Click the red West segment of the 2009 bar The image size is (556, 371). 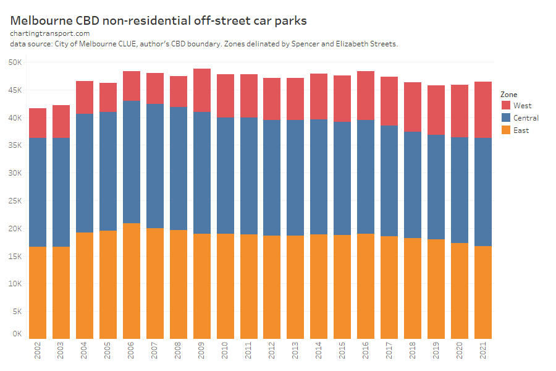point(202,90)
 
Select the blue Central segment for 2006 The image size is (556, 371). point(132,162)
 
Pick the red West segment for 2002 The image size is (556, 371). point(38,123)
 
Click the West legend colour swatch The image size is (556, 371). point(505,106)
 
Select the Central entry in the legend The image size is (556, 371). point(526,118)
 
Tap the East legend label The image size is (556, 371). point(521,130)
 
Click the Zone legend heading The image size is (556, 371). point(509,95)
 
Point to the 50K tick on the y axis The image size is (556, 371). point(15,62)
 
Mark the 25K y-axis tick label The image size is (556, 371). point(15,201)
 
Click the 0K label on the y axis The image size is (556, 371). point(17,334)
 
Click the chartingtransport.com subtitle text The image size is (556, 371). point(50,33)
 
